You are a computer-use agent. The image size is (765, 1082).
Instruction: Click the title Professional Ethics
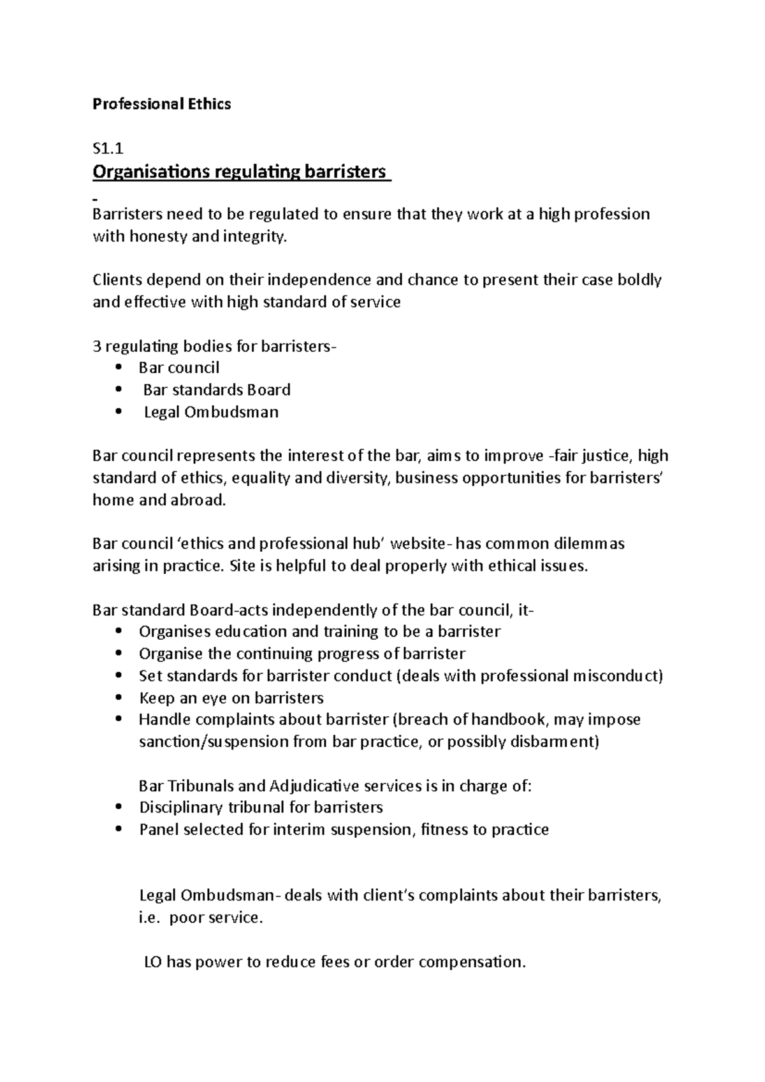coord(161,104)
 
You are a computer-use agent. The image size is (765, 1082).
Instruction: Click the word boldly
coord(639,280)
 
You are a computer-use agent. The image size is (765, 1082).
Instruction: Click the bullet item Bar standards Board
coord(216,389)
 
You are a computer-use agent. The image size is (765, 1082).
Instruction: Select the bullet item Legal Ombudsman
coord(211,412)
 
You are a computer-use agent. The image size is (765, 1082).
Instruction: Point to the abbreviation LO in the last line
coord(153,962)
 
